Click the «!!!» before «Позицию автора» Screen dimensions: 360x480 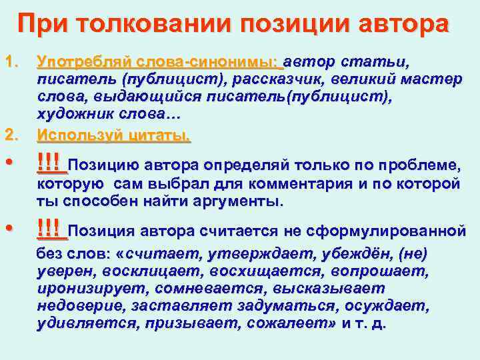[51, 162]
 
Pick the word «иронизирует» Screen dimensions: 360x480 [93, 289]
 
